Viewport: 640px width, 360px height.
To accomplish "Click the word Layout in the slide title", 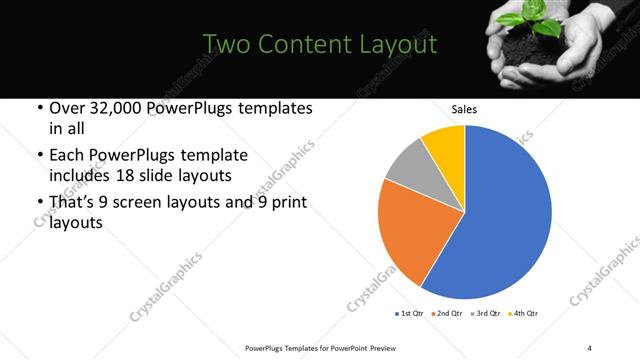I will [x=400, y=45].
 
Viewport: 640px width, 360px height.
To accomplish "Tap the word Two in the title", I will [x=225, y=45].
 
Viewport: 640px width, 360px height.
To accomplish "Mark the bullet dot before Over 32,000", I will [x=38, y=108].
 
